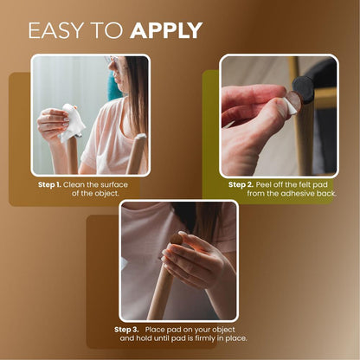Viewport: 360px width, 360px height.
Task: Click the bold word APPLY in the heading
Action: (x=166, y=30)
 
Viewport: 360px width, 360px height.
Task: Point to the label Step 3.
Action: (x=127, y=330)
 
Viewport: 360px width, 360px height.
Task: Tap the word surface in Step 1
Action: (x=119, y=184)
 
